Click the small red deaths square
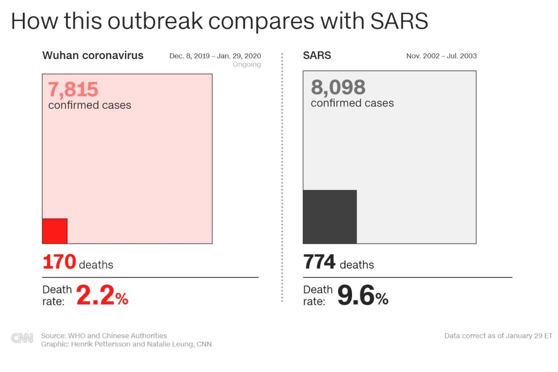55,231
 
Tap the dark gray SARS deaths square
330,217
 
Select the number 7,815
73,90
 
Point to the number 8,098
338,87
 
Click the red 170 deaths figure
59,262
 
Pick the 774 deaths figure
319,262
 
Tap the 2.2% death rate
102,296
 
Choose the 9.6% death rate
363,296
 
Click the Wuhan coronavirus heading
93,55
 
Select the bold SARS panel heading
317,55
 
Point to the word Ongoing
246,65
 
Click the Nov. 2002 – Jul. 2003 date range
441,56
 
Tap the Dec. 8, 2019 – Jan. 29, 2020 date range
215,56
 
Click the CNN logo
22,338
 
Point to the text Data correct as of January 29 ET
498,336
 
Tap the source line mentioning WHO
104,335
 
